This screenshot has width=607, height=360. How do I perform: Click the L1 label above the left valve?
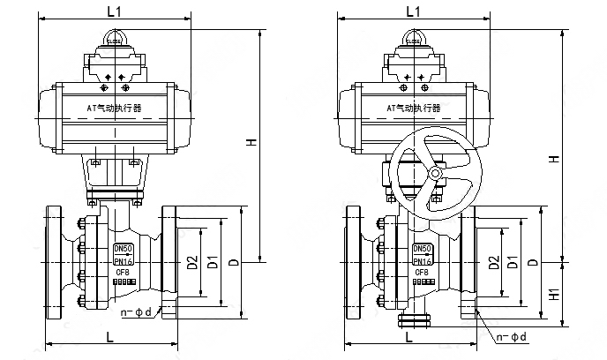coord(114,12)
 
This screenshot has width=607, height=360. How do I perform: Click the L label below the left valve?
coord(109,336)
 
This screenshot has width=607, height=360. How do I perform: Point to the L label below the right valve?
coord(408,336)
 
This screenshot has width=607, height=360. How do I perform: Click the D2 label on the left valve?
coord(192,262)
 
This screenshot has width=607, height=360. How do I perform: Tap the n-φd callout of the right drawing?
coord(511,336)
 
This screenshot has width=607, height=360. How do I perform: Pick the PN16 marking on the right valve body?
coord(423,261)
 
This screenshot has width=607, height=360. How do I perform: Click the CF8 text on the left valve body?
coord(124,273)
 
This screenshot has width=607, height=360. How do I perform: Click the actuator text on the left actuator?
coord(114,108)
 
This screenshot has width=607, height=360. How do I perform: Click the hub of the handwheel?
coord(434,175)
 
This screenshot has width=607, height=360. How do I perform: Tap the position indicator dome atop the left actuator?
coord(114,38)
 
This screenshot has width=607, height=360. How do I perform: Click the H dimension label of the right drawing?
coord(553,159)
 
